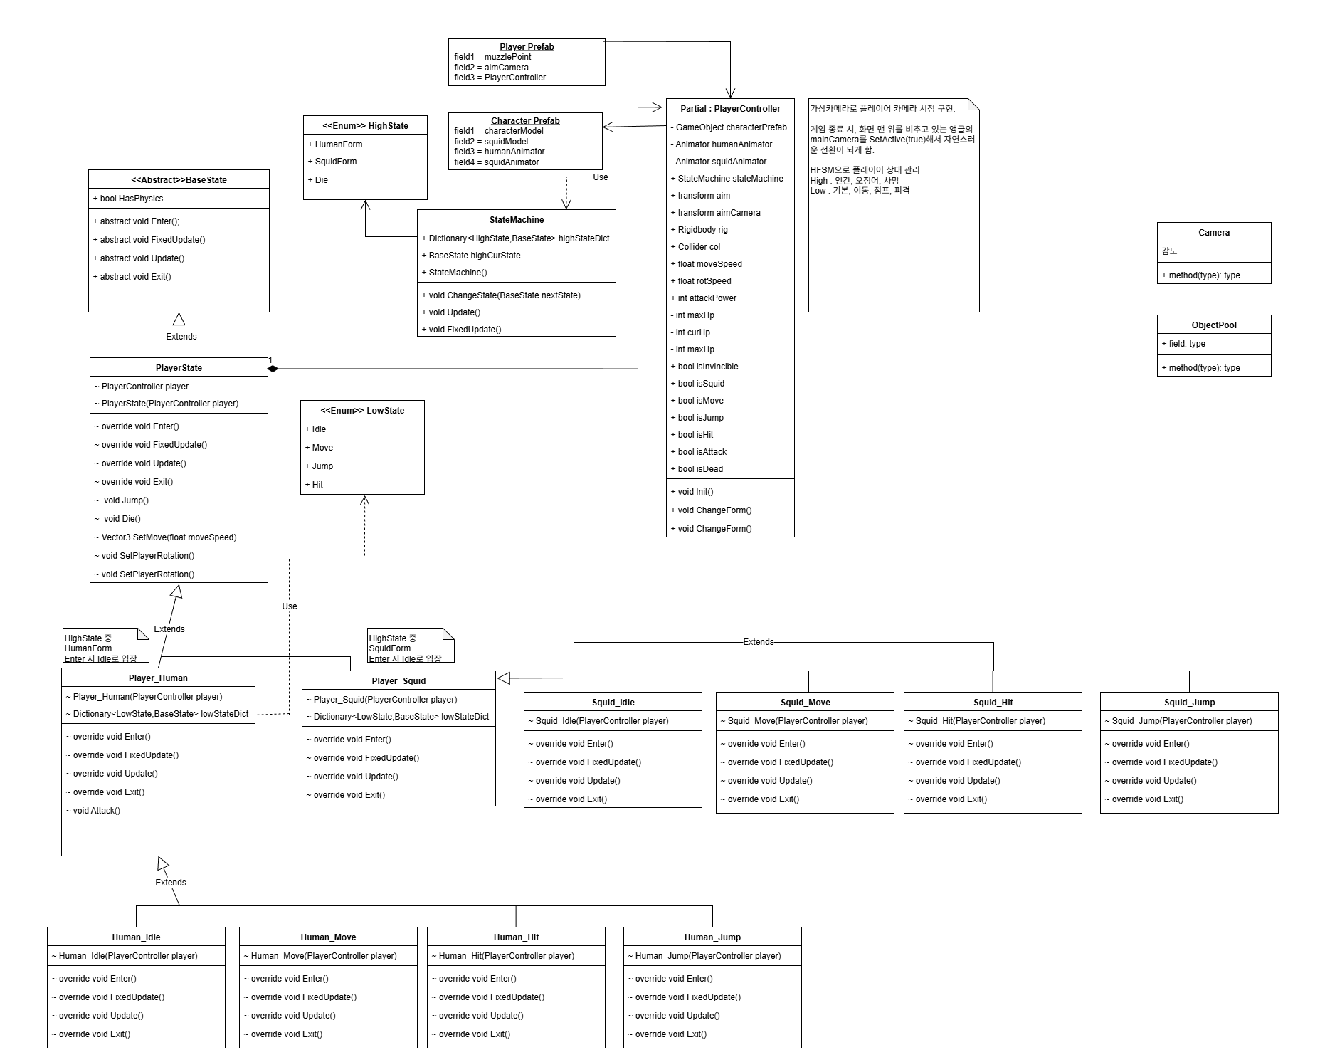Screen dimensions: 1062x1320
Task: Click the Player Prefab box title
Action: click(x=527, y=47)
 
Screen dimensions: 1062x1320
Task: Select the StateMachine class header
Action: click(x=517, y=220)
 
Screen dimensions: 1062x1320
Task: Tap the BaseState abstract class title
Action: click(x=179, y=180)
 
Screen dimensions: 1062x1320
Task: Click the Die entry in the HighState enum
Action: click(x=322, y=180)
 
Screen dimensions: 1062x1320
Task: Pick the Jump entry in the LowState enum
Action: click(x=322, y=466)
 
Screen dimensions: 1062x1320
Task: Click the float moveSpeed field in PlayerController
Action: click(x=709, y=264)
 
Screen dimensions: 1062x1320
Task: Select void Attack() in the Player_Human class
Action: click(x=96, y=811)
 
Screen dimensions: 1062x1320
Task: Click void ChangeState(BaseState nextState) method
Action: click(x=505, y=295)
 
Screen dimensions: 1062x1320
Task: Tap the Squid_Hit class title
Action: click(x=993, y=703)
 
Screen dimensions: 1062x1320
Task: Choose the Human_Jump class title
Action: click(x=712, y=937)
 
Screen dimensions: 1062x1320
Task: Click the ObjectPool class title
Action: click(x=1214, y=325)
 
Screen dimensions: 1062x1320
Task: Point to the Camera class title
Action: click(x=1214, y=233)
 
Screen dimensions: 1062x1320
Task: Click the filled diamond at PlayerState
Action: click(x=273, y=368)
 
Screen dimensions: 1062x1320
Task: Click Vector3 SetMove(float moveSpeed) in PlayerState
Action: click(x=169, y=537)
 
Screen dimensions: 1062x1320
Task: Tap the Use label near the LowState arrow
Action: click(x=290, y=606)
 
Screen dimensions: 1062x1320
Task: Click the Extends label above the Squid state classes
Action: click(x=758, y=642)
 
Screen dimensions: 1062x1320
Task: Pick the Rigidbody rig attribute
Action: click(x=702, y=230)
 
